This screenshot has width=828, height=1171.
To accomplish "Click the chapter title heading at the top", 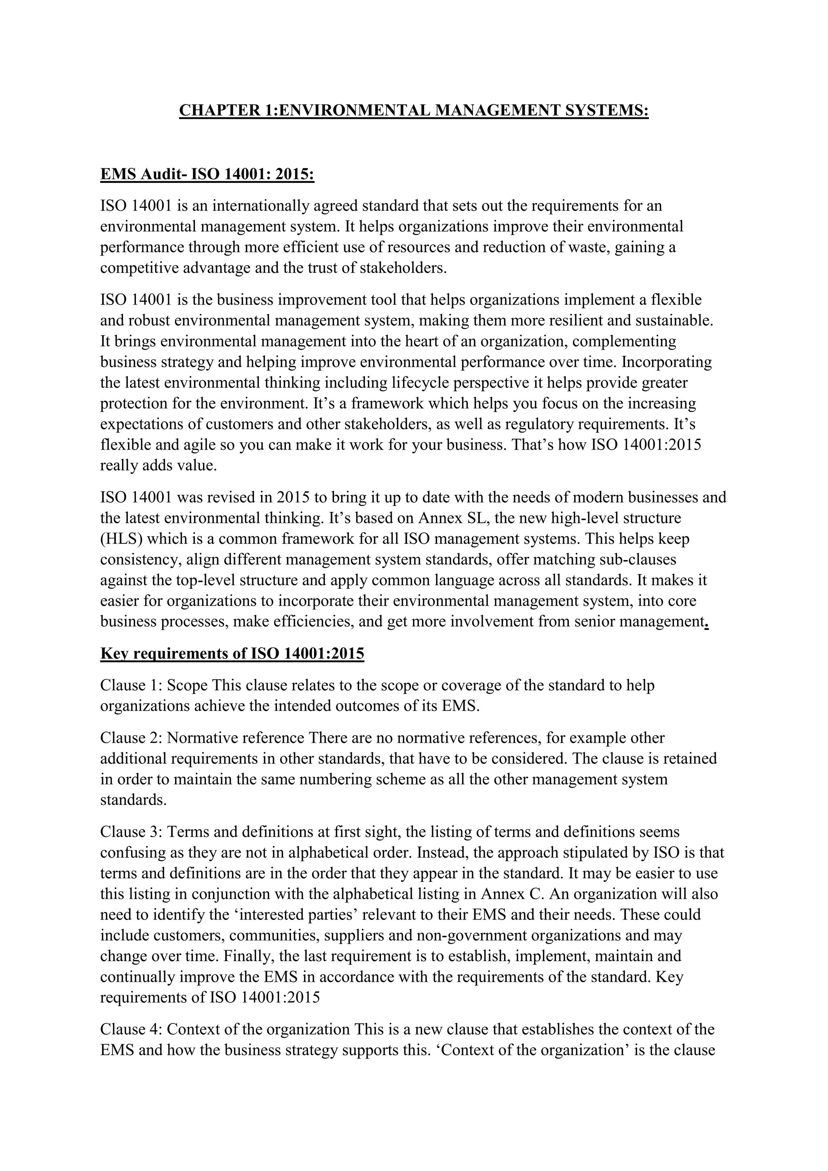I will point(414,111).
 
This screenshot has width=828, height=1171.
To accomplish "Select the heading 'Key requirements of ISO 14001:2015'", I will point(232,653).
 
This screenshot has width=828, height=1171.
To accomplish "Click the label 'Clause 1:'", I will point(131,685).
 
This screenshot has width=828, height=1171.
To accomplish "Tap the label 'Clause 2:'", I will point(131,738).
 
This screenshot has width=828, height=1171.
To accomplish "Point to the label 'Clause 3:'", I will point(131,832).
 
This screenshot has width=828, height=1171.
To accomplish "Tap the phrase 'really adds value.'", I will point(158,466).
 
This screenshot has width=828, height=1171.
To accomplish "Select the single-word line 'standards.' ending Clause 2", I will point(133,800).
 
